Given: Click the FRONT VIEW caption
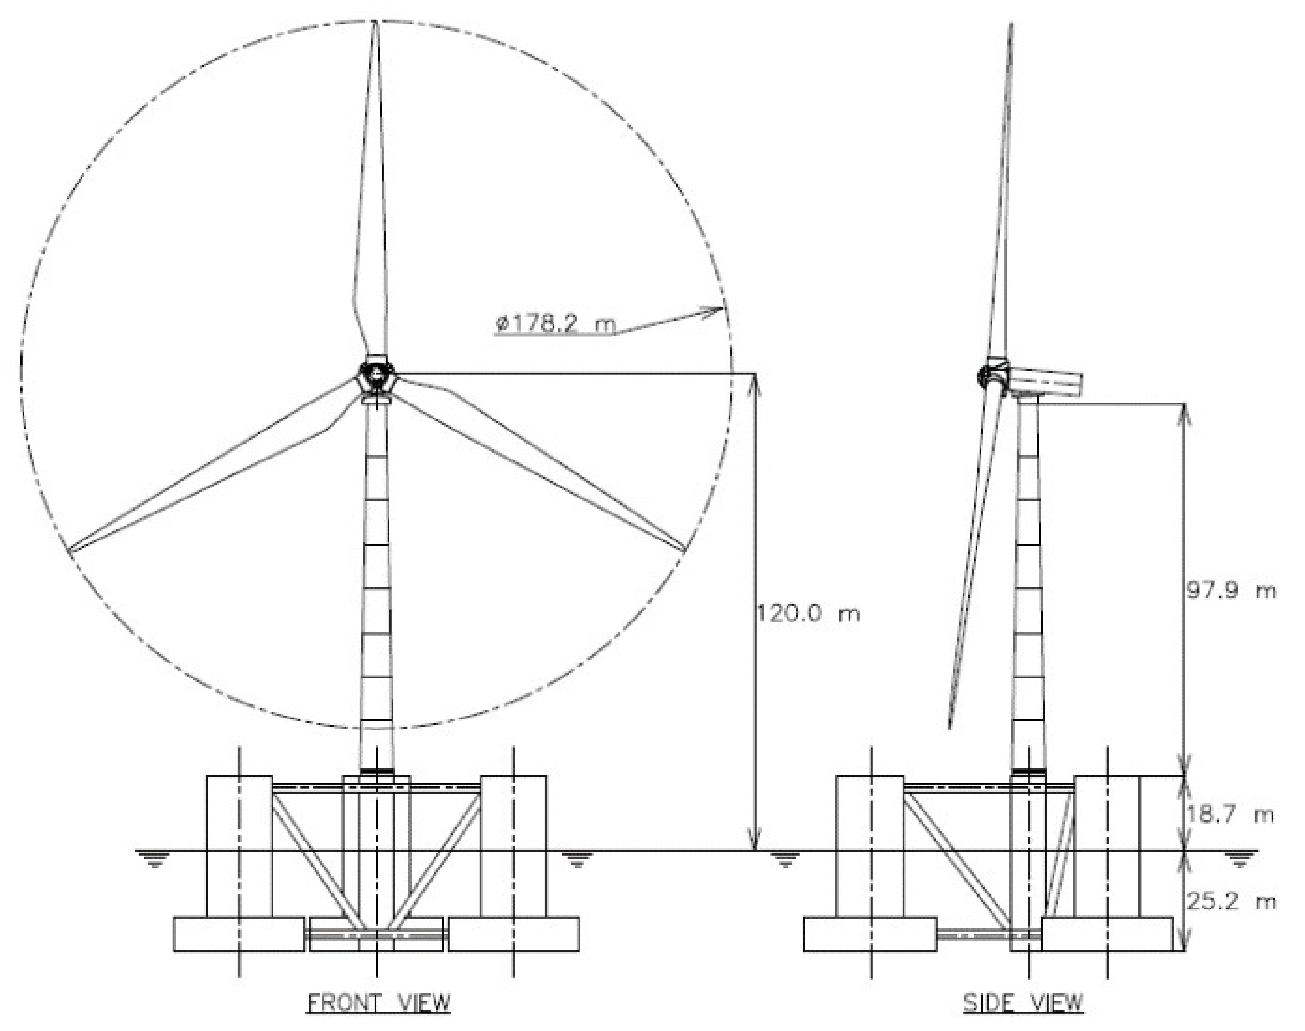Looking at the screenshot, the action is point(379,1003).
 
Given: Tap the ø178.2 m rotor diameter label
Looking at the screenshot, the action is point(555,324).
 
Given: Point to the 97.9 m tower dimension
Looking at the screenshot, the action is point(1231,590).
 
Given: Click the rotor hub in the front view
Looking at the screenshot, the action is point(376,375).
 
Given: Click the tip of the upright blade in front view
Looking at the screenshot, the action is point(375,22).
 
